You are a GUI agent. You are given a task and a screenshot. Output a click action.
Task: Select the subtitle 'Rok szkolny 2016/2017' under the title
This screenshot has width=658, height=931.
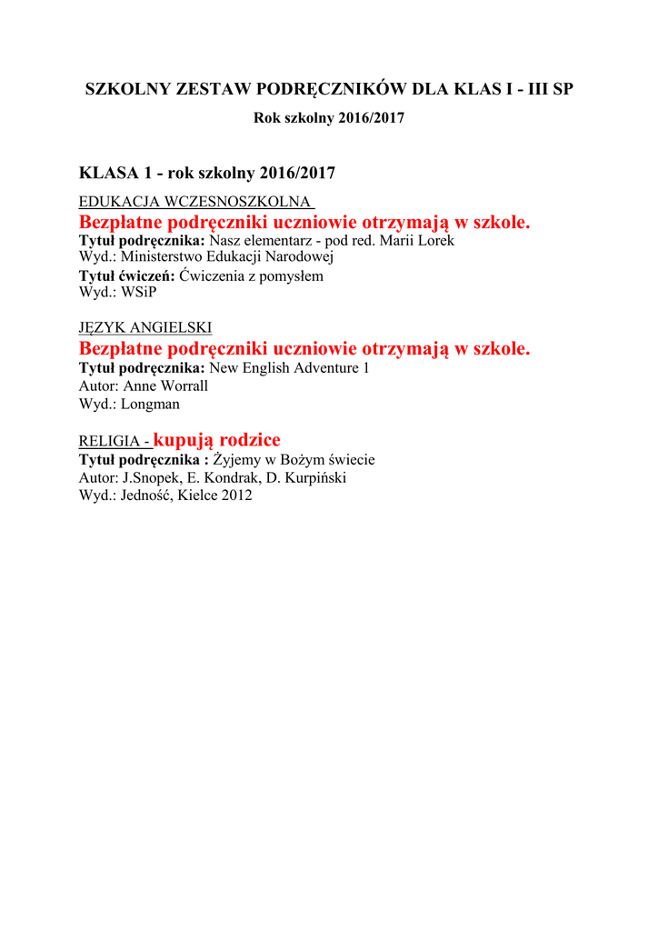328,119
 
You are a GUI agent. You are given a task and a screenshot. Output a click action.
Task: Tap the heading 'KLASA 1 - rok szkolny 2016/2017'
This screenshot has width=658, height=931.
207,173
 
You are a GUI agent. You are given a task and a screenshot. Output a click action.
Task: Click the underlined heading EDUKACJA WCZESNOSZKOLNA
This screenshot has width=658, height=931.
195,201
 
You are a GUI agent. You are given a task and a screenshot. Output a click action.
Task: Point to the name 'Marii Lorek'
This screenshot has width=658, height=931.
417,241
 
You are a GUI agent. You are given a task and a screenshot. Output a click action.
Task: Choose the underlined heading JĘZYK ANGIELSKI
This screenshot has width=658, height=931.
145,327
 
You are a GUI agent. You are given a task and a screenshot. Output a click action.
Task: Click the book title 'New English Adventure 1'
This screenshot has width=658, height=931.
289,368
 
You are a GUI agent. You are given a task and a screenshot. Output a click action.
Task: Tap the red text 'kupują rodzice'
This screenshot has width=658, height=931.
217,440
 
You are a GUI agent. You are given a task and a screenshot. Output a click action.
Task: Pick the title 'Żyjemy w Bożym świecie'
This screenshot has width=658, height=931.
294,460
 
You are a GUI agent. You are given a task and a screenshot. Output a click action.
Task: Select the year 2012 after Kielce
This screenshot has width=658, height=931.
235,496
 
